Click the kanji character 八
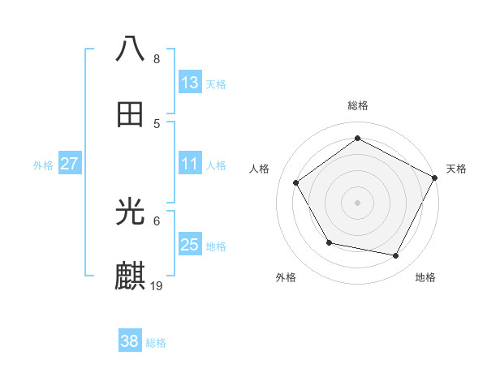click(131, 49)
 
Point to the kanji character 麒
click(131, 276)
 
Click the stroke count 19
click(157, 285)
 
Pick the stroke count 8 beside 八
click(157, 59)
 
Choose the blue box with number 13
click(190, 83)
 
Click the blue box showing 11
click(190, 164)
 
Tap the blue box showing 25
click(190, 245)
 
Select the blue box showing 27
click(70, 164)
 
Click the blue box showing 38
click(130, 341)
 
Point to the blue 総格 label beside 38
click(156, 343)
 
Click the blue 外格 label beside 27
click(43, 165)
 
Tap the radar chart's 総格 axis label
click(357, 105)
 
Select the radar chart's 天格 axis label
click(456, 169)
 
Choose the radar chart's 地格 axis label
click(425, 277)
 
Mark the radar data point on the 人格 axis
click(296, 182)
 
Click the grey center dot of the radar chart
click(357, 202)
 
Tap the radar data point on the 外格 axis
click(329, 242)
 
